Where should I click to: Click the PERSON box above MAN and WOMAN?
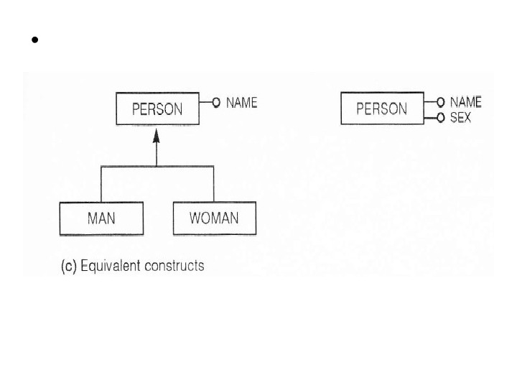(157, 110)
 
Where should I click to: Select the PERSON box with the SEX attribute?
(381, 109)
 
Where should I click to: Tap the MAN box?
(101, 218)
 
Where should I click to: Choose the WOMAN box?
(213, 218)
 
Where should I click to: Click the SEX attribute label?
(460, 117)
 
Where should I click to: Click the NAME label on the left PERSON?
(241, 103)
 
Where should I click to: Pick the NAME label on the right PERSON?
(465, 103)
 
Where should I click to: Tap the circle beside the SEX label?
(440, 117)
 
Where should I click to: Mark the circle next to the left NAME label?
(215, 103)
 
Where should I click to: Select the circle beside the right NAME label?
(440, 103)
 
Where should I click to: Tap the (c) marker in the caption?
(68, 266)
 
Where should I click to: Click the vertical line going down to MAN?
(101, 184)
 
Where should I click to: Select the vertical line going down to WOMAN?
(213, 184)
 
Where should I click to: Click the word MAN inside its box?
(101, 218)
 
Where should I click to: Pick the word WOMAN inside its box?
(213, 218)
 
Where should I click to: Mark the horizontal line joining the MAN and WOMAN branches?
(129, 167)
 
